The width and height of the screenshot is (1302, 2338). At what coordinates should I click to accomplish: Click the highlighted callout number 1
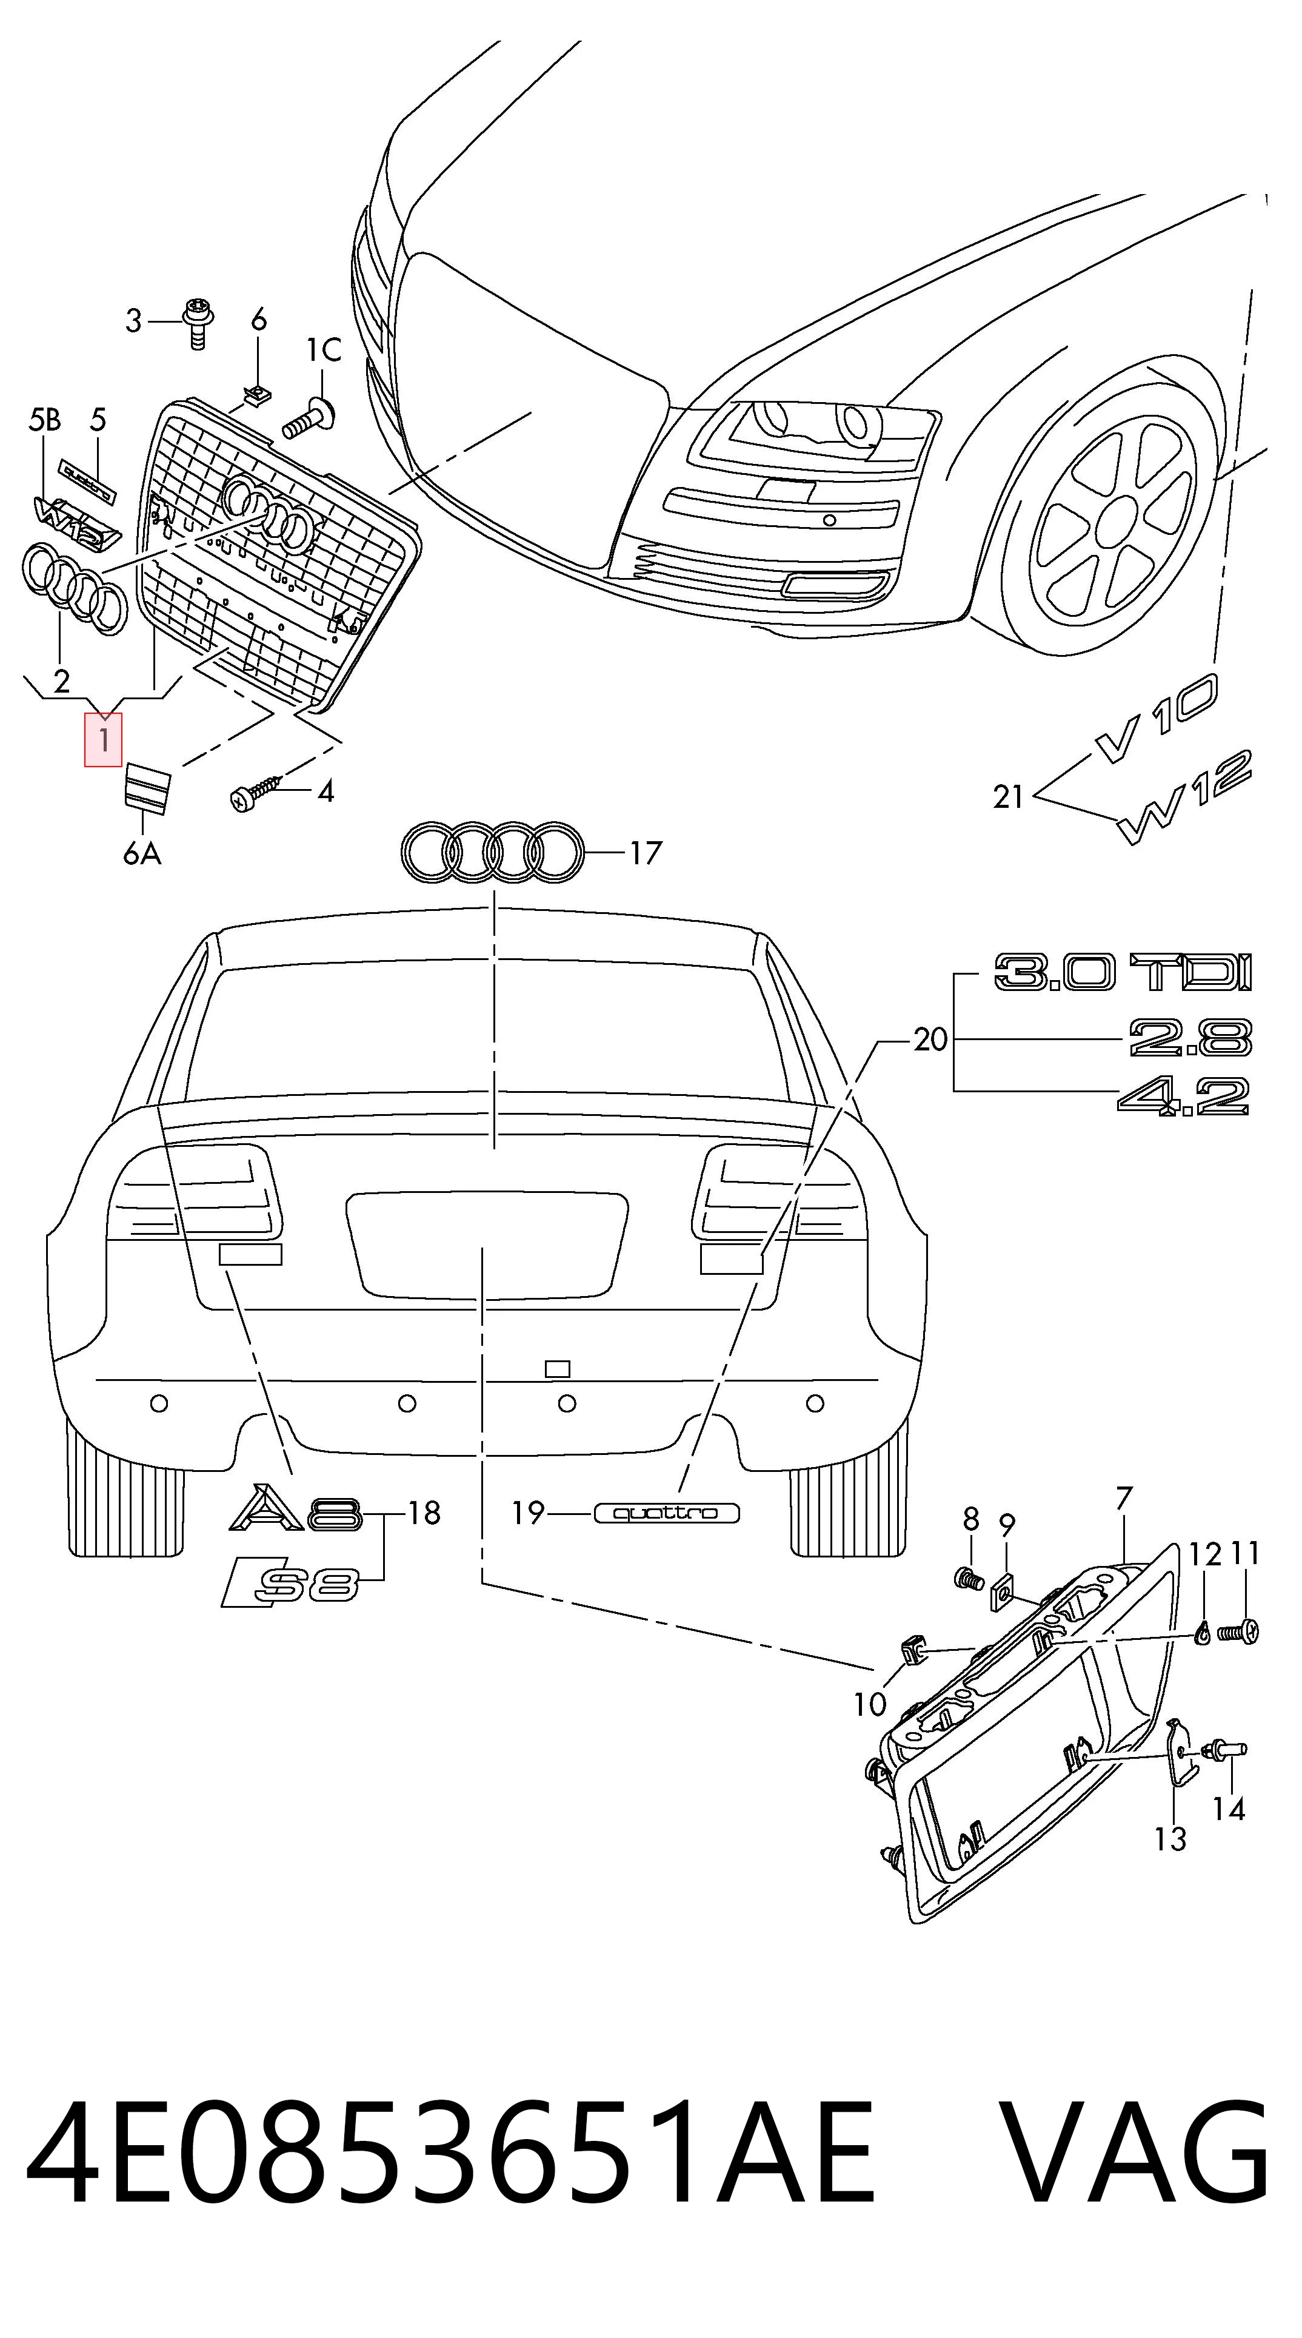pyautogui.click(x=104, y=740)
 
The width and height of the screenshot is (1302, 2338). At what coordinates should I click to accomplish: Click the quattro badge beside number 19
pyautogui.click(x=667, y=1513)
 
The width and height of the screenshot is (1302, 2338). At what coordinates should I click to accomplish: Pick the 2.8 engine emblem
pyautogui.click(x=1190, y=1038)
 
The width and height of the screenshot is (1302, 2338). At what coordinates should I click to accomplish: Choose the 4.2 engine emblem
pyautogui.click(x=1184, y=1095)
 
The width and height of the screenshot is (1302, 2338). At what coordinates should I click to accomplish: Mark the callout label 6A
pyautogui.click(x=142, y=853)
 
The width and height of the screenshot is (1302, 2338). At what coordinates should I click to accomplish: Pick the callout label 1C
pyautogui.click(x=323, y=349)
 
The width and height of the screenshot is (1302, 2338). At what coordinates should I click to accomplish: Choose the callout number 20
pyautogui.click(x=930, y=1039)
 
